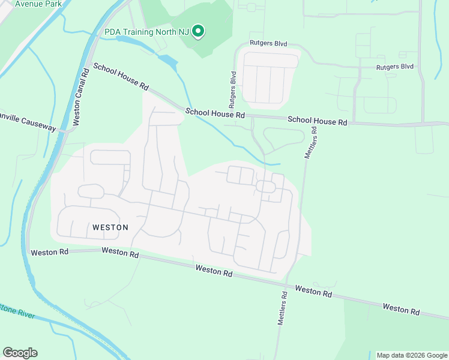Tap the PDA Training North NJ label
tap(147, 32)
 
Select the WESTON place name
tap(110, 227)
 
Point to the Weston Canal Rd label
tap(80, 97)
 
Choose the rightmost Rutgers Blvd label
tap(394, 67)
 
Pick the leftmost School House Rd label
tap(121, 77)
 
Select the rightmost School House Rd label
tap(317, 121)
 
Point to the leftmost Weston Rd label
tap(50, 252)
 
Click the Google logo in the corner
tap(20, 353)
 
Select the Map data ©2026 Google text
tap(412, 355)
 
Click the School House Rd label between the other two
tap(215, 113)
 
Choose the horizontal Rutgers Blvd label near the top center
tap(268, 44)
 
